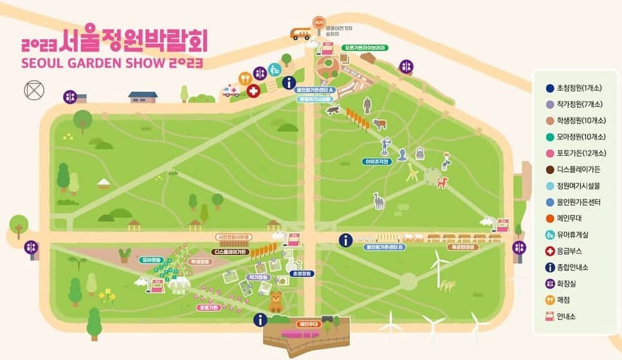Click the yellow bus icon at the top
point(300,34)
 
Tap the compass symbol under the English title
point(33,91)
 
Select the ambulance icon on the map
point(230,92)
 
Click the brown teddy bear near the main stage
point(276,301)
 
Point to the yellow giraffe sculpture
point(412,172)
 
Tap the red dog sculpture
point(442,182)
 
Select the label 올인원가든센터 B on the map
point(384,247)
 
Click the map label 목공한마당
point(463,247)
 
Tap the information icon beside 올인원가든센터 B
point(346,240)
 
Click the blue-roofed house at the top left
point(142,97)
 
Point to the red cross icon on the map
point(253,91)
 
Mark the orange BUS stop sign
point(319,22)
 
